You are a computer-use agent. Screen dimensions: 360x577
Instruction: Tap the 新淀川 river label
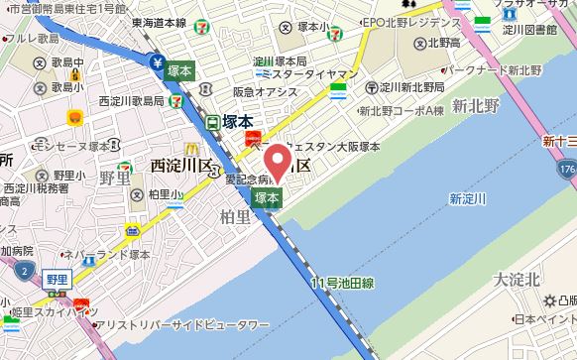[x=467, y=198]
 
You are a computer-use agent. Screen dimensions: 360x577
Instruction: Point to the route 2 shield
[x=23, y=269]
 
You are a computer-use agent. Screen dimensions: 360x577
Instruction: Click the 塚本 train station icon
[x=213, y=122]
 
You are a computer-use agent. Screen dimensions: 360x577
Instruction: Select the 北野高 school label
[x=442, y=44]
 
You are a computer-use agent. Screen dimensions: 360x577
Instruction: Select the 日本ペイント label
[x=543, y=319]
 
